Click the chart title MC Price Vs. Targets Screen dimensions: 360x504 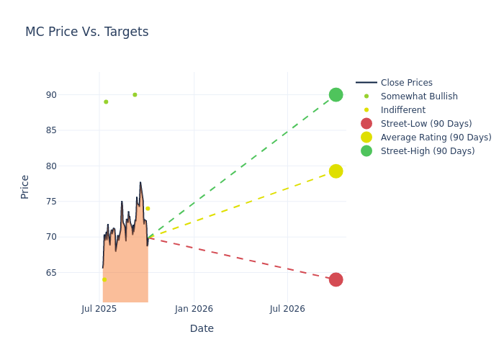[86, 32]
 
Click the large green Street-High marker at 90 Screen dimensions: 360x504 [336, 95]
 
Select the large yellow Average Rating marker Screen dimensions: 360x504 [336, 171]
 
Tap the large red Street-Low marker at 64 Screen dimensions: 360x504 [336, 279]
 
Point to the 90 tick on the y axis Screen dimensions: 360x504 [71, 95]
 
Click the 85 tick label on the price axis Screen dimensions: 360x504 [71, 130]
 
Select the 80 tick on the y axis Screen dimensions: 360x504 [71, 166]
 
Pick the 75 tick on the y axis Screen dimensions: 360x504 [71, 202]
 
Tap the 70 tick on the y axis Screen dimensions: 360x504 [71, 237]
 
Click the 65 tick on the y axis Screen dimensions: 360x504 [71, 273]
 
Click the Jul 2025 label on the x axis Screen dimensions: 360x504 [99, 309]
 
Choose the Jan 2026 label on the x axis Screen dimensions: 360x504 [194, 309]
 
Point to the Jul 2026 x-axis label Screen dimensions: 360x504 [287, 309]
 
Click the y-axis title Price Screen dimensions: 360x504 [25, 186]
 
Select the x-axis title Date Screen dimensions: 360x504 [202, 328]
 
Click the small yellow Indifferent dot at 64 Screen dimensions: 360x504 [104, 279]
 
